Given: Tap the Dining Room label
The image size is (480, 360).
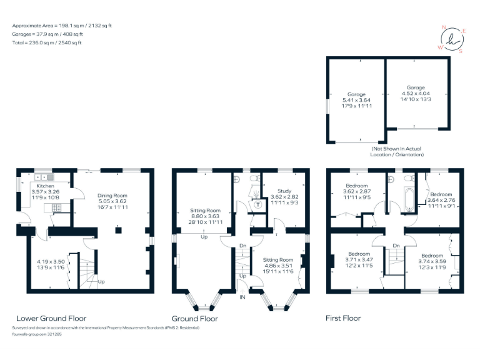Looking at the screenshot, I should point(112,196).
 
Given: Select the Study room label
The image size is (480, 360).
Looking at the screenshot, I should point(284,191).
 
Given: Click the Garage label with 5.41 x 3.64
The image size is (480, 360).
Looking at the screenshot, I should point(356,94).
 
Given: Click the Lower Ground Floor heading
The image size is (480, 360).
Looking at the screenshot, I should point(51,318).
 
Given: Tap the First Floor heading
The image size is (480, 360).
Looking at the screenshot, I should point(343,318).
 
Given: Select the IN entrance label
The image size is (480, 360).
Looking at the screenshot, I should point(242,297).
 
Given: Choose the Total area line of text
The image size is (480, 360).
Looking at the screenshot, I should point(47,43).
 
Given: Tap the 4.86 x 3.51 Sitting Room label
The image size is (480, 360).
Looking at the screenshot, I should point(277,264).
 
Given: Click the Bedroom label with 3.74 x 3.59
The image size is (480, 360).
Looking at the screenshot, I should point(432,256).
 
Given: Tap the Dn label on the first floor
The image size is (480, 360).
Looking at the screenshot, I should point(396,245).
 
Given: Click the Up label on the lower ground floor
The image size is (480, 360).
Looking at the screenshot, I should point(101,282).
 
